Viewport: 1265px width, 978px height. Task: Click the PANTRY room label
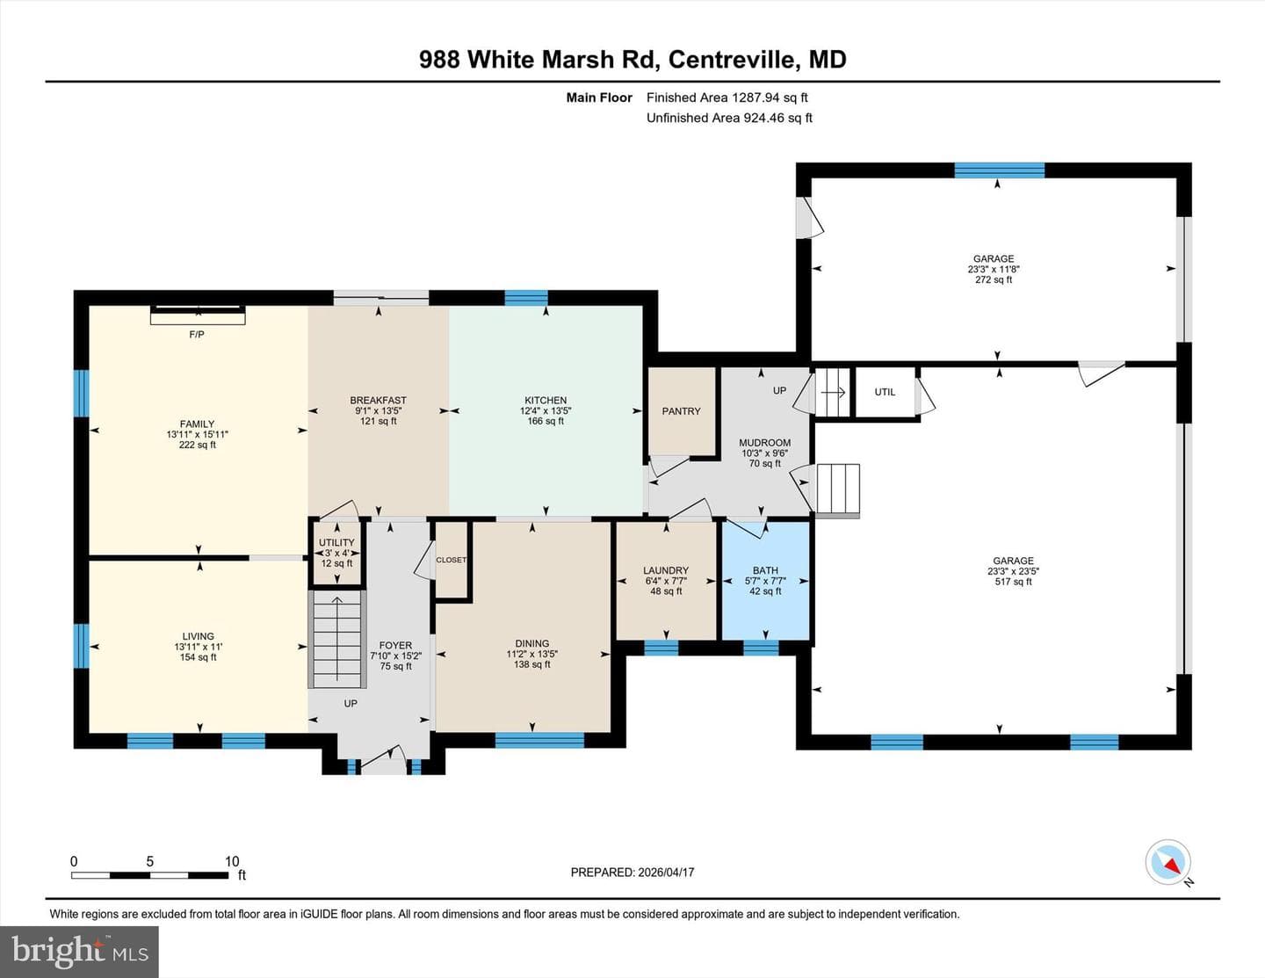(x=681, y=411)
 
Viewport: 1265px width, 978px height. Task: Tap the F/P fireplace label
(x=197, y=334)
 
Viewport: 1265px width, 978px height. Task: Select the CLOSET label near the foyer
(x=452, y=560)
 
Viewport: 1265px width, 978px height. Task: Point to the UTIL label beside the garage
(x=885, y=392)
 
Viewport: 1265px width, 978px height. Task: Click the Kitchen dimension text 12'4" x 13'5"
(x=546, y=410)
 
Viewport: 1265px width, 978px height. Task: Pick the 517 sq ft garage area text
(x=1014, y=582)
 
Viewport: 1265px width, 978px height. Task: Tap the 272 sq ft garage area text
(x=994, y=279)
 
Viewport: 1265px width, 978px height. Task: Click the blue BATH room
(x=765, y=581)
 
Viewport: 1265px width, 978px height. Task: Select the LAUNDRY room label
(x=666, y=570)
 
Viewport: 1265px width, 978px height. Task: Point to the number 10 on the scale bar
(x=232, y=861)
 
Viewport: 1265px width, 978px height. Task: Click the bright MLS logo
(x=79, y=953)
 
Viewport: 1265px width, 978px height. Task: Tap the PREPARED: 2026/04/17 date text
(x=632, y=872)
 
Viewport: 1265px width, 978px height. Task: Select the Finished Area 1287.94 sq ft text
(x=727, y=98)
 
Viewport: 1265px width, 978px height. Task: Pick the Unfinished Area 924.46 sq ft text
(x=729, y=118)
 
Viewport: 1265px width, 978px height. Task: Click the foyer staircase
(x=337, y=639)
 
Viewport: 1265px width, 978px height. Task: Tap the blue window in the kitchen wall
(x=526, y=298)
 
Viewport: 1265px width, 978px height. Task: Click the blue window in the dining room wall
(x=539, y=740)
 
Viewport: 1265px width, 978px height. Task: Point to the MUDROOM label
(x=765, y=443)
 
